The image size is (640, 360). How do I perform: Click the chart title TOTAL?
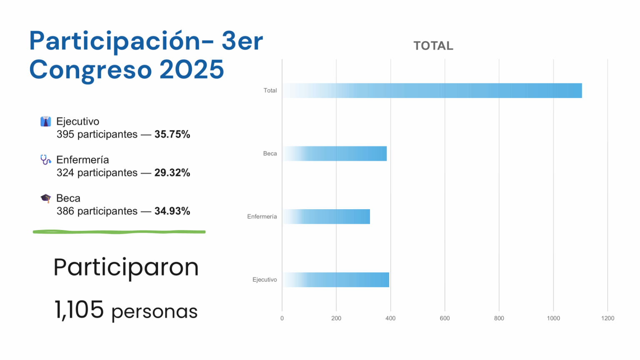433,46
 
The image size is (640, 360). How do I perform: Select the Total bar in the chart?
432,90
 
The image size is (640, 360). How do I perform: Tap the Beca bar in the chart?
335,154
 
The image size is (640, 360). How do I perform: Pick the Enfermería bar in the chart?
326,217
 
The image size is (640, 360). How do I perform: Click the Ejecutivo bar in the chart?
336,280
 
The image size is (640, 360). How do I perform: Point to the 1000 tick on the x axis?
553,318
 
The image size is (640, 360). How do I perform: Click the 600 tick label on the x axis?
445,318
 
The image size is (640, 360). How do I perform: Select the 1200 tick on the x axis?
607,318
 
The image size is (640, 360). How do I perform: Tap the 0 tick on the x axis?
282,318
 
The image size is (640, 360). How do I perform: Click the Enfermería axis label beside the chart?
262,217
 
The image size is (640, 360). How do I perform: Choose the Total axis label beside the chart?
270,90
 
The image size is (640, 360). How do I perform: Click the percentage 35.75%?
172,134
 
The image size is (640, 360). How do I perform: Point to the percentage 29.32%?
172,172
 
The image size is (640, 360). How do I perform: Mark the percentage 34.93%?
172,211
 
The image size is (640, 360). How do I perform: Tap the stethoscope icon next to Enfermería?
45,160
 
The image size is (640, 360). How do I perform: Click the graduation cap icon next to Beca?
45,198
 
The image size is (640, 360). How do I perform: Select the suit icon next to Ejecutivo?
45,121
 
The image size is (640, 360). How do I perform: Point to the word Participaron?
126,267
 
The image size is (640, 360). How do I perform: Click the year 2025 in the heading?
192,70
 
